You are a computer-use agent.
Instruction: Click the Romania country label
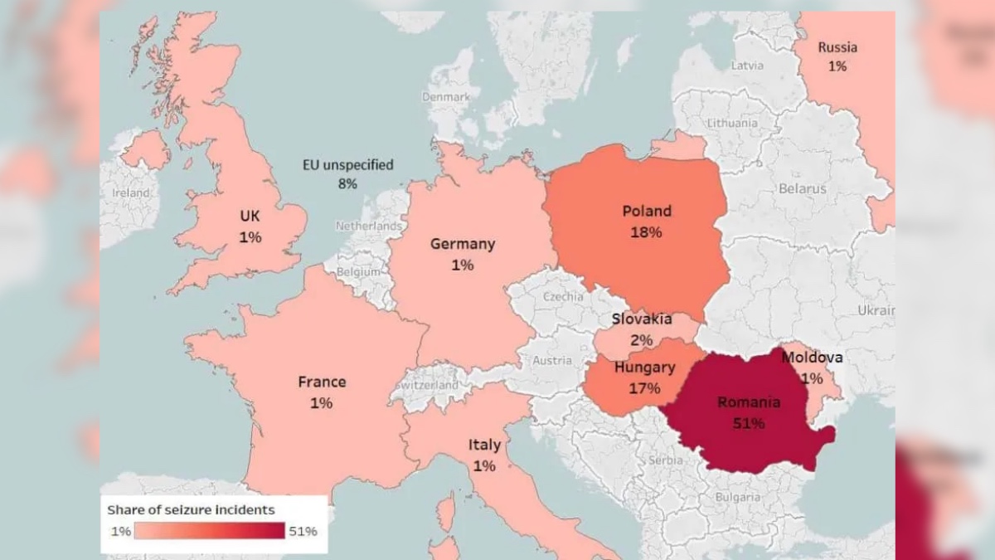pos(749,402)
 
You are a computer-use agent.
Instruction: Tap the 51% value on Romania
pos(749,423)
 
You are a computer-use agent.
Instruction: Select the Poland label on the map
pos(647,212)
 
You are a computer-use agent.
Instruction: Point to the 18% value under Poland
pos(647,232)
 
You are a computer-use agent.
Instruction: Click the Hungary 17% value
pos(644,388)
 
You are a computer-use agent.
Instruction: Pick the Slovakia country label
pos(642,319)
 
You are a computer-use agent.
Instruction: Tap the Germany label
pos(463,244)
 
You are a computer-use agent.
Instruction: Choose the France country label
pos(322,382)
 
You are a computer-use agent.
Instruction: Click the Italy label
pos(484,446)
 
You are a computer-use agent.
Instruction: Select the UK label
pos(250,217)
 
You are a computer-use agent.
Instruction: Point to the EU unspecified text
pos(347,165)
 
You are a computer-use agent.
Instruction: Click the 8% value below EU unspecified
pos(347,183)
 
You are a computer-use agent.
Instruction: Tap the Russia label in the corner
pos(837,47)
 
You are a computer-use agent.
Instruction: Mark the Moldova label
pos(812,358)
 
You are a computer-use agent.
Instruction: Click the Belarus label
pos(802,189)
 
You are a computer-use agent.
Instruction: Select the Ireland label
pos(131,193)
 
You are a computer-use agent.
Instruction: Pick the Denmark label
pos(446,97)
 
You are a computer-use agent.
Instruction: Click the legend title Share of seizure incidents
pos(191,510)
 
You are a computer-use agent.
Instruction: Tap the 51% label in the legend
pos(302,531)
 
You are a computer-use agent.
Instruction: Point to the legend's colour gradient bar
pos(209,531)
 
